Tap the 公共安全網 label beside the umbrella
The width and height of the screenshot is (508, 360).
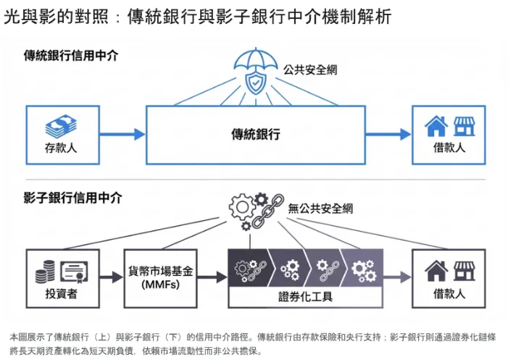point(310,71)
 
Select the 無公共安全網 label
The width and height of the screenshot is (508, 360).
point(320,209)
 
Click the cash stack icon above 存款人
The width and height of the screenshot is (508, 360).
point(60,127)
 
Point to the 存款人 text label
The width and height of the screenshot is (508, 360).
point(60,148)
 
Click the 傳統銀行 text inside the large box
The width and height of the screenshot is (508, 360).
point(255,134)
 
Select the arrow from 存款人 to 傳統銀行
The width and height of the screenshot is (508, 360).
point(121,134)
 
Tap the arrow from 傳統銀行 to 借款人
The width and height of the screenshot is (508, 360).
point(388,134)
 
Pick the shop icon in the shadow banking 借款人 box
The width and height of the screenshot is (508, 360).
point(463,271)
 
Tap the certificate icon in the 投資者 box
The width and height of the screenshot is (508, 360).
point(75,272)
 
